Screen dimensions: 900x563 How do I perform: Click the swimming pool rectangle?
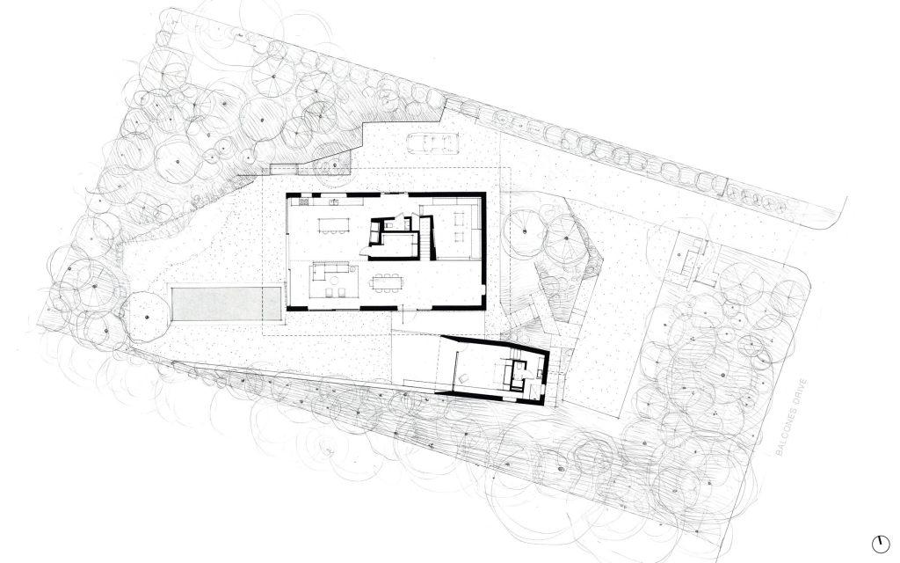pos(226,303)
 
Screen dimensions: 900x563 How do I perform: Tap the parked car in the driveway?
pos(432,143)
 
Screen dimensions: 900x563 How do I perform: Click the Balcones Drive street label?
pos(791,416)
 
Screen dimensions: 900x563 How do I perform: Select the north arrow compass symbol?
pos(880,544)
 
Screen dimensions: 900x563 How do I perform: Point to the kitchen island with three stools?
pos(335,224)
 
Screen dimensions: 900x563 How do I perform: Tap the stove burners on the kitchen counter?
pos(303,201)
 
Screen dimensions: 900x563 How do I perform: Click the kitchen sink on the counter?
pos(334,201)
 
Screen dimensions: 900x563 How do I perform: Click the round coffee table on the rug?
pos(333,280)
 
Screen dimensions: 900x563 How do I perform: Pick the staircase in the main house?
pos(425,237)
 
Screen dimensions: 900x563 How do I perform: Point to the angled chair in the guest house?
pos(463,377)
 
